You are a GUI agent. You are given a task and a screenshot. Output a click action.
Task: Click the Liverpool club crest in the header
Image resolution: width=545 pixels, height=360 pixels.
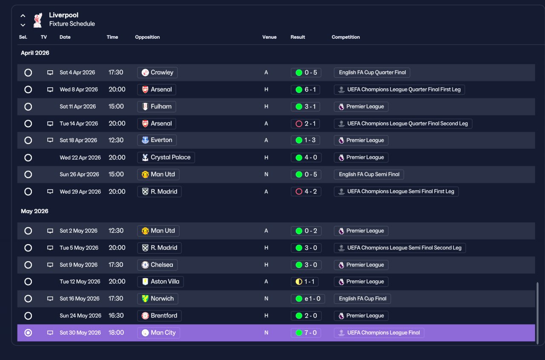click(x=38, y=20)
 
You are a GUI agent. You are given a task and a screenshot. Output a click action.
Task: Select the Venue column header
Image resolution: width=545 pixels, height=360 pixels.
click(x=270, y=37)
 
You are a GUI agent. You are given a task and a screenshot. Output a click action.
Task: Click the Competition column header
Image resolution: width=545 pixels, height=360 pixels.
click(x=345, y=37)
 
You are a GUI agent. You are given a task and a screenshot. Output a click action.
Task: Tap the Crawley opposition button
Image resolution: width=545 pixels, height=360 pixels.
click(x=158, y=72)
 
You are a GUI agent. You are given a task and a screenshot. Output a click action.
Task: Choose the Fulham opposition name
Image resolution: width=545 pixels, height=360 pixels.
click(x=161, y=107)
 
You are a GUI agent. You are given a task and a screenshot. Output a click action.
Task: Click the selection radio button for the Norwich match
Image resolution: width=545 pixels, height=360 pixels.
click(x=28, y=299)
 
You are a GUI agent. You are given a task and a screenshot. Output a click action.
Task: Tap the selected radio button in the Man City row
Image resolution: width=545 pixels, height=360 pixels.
click(x=28, y=333)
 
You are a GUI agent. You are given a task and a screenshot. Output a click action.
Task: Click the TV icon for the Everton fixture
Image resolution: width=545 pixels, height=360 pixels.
click(x=50, y=140)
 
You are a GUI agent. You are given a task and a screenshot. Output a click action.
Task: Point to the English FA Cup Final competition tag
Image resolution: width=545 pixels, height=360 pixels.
click(x=362, y=299)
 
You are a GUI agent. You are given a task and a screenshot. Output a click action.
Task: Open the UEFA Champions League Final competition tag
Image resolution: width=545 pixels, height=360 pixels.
click(x=379, y=333)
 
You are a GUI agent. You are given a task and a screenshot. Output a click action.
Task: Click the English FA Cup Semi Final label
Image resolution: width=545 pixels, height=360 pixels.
click(x=369, y=175)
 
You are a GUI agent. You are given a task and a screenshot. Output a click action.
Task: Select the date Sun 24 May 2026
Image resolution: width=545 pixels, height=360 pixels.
click(x=80, y=316)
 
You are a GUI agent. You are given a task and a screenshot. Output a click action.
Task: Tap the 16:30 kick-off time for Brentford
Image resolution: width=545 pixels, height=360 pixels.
click(x=116, y=316)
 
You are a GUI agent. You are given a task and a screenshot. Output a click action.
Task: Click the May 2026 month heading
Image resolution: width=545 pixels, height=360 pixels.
click(x=34, y=211)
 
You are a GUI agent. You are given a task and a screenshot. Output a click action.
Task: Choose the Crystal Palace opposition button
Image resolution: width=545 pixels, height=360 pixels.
click(x=166, y=158)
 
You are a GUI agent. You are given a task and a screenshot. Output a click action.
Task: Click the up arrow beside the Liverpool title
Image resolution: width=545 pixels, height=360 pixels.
click(x=23, y=16)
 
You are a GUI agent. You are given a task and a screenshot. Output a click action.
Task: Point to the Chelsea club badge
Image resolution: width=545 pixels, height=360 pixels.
click(x=145, y=265)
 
